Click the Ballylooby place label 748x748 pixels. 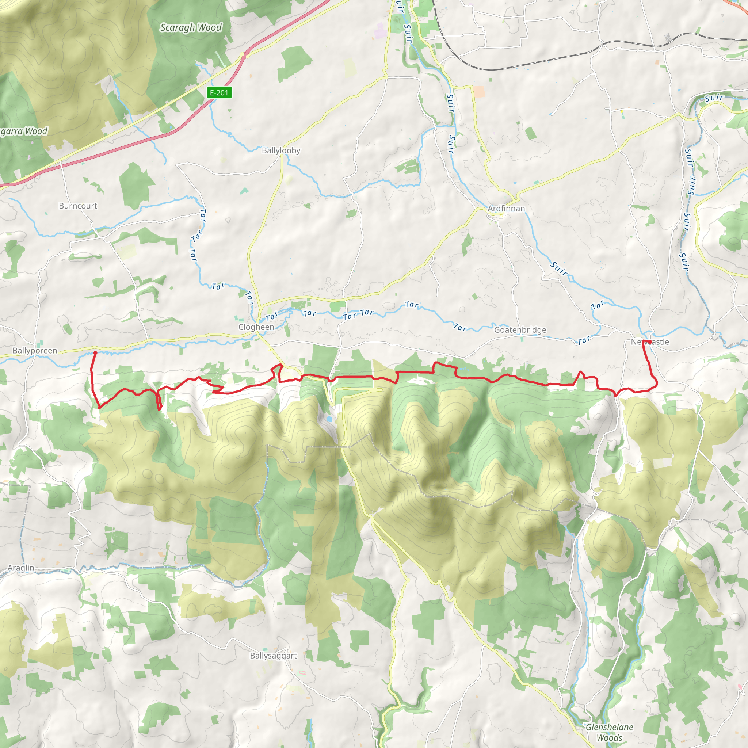[x=281, y=150]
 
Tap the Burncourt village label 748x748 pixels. [x=78, y=206]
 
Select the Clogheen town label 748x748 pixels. [x=256, y=327]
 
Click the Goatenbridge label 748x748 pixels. [x=520, y=330]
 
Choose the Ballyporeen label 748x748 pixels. [x=34, y=351]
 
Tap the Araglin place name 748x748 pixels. [x=21, y=568]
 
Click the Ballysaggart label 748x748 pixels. [x=273, y=656]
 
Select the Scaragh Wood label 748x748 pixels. [x=191, y=27]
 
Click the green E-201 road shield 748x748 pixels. [x=220, y=93]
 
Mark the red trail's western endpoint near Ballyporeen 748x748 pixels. [x=95, y=353]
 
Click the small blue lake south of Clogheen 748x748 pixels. [x=329, y=419]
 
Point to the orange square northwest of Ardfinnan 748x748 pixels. [x=479, y=91]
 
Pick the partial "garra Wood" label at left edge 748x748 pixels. [x=24, y=131]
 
